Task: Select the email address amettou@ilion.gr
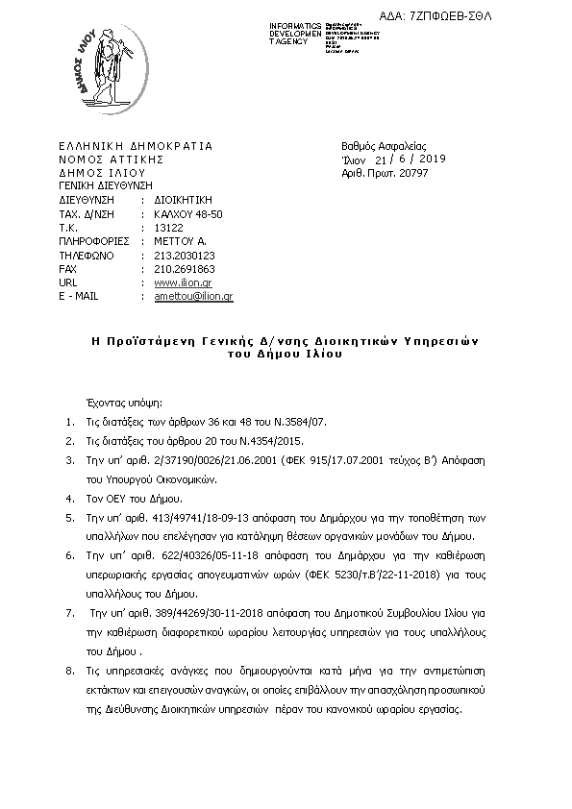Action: point(193,297)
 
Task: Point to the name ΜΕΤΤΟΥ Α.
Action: point(180,242)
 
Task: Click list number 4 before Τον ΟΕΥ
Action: point(68,499)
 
